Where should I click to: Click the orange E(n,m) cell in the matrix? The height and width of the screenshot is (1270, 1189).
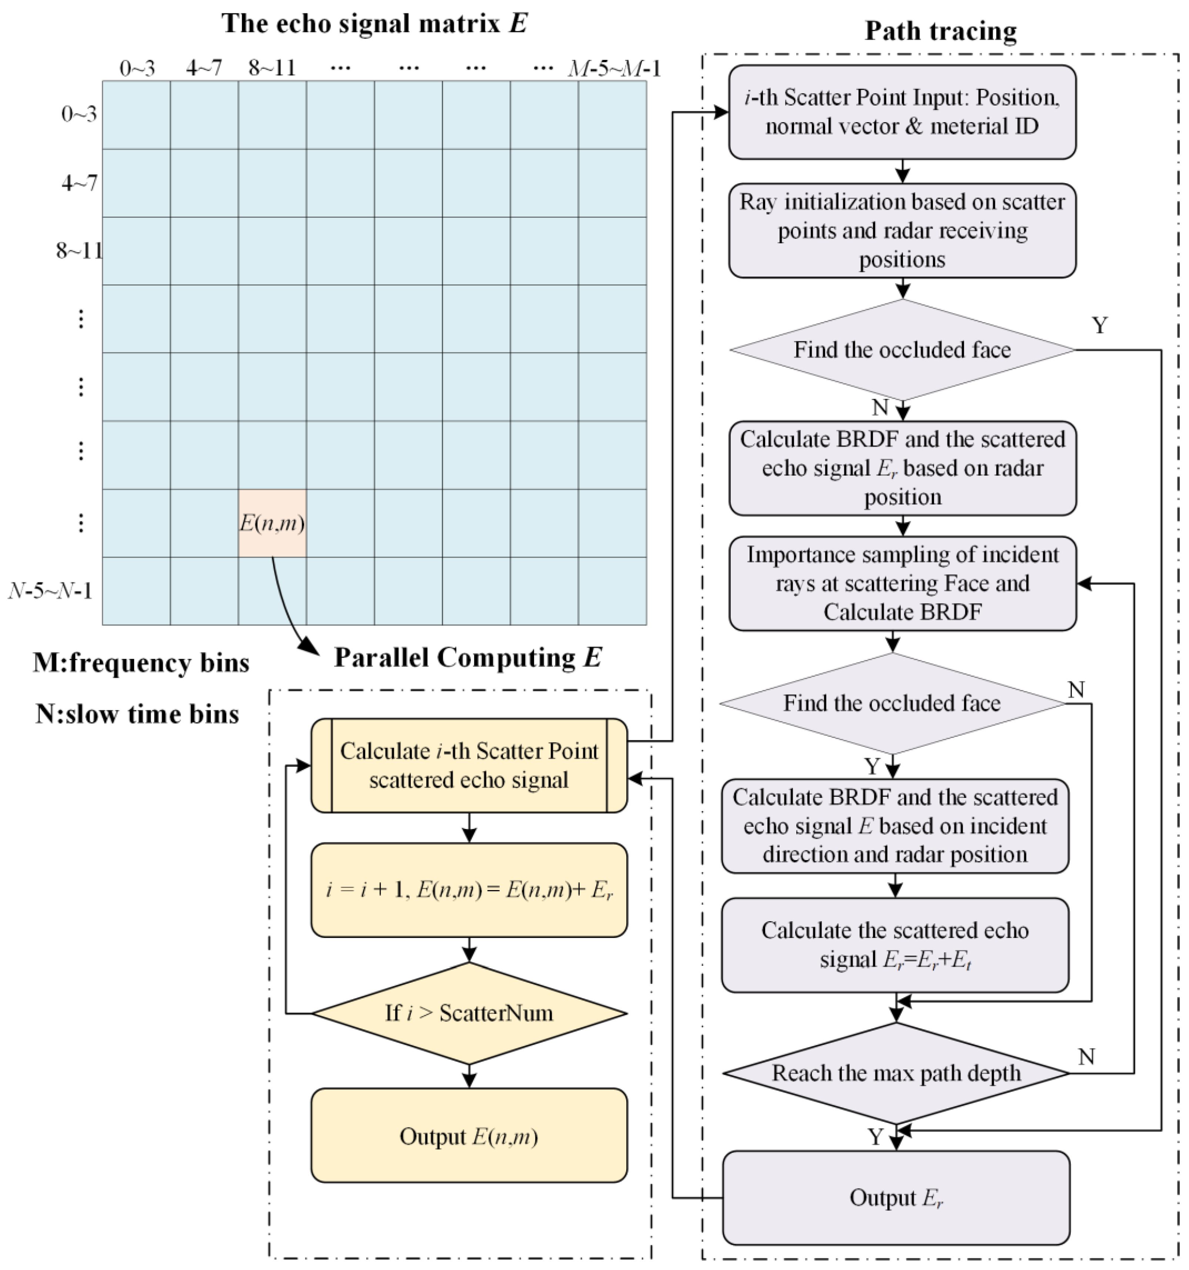click(x=272, y=523)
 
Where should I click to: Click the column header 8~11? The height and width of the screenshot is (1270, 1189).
click(x=272, y=68)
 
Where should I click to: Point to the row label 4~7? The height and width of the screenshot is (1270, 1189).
click(x=79, y=183)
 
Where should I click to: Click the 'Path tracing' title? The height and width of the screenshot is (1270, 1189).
click(x=940, y=31)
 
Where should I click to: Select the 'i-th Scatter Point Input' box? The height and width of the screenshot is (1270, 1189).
click(x=902, y=112)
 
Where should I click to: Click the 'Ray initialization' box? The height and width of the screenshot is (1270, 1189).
click(x=902, y=231)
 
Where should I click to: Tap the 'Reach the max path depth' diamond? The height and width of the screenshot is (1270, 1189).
click(x=896, y=1073)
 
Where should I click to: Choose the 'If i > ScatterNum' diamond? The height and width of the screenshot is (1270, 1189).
click(x=469, y=1013)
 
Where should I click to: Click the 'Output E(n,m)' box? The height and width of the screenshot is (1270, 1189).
click(x=469, y=1136)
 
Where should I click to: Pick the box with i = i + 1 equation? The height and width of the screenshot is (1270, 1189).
click(x=469, y=890)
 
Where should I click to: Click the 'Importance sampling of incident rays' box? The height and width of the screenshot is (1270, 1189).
click(x=902, y=583)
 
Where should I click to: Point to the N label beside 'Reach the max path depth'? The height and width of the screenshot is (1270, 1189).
click(x=1086, y=1057)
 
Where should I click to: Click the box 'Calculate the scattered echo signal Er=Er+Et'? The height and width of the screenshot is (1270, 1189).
click(x=895, y=945)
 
